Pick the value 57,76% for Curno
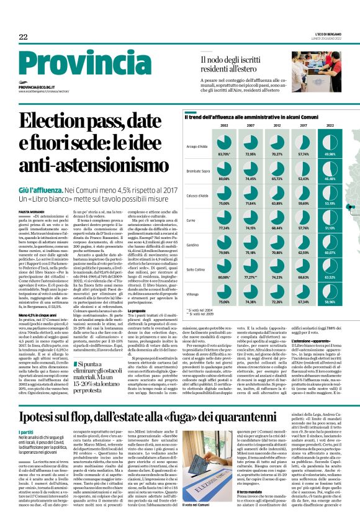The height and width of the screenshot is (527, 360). [304, 228]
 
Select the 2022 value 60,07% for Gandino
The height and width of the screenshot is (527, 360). [330, 253]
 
